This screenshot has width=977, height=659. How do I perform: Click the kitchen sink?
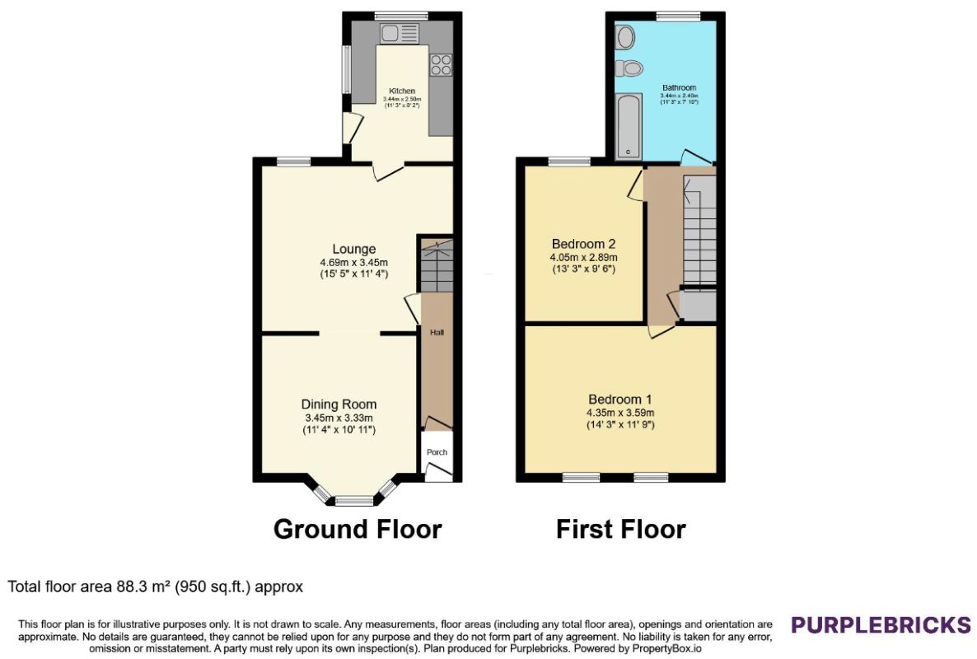[400, 34]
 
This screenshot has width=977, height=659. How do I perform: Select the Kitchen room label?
[402, 91]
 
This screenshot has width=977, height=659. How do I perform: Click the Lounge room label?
[354, 249]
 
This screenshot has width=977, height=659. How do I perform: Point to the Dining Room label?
[339, 404]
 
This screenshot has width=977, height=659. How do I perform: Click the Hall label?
[437, 333]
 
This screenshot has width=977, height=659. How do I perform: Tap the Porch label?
[437, 452]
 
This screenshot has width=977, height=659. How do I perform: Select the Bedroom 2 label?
[584, 244]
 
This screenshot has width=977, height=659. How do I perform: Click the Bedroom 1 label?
[620, 400]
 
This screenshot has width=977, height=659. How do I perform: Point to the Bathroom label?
[679, 88]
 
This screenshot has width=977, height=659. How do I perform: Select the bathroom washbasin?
[625, 37]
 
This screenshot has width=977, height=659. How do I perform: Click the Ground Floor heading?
[358, 529]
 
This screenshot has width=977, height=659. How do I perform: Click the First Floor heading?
[620, 529]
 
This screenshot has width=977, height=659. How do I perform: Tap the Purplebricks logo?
[881, 624]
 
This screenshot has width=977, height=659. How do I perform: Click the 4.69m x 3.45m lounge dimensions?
[354, 262]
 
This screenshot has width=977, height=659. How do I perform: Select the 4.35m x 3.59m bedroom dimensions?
[620, 413]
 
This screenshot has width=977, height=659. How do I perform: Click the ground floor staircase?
[437, 266]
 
